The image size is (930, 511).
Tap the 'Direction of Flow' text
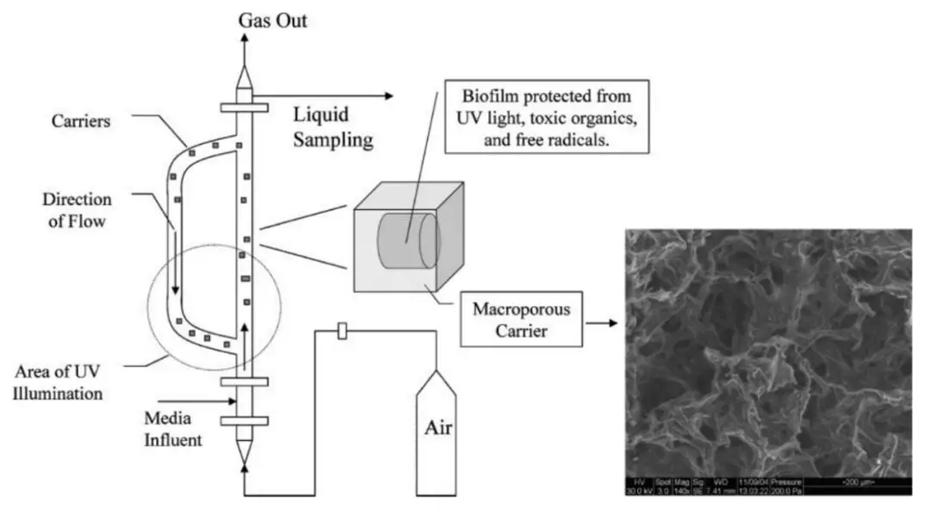pos(77,209)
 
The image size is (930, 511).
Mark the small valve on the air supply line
pos(343,330)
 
